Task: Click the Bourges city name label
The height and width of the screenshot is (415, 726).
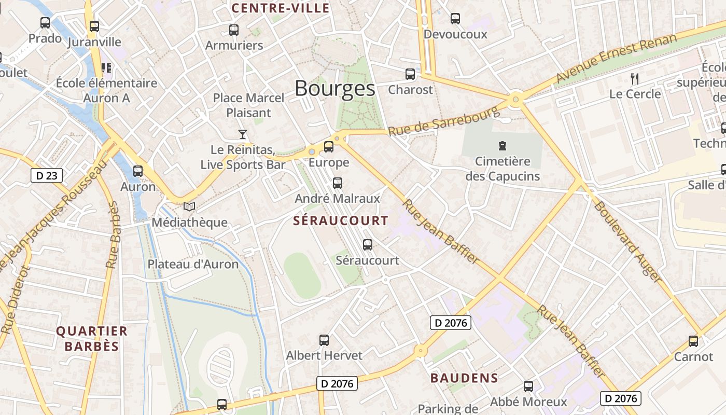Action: coord(334,89)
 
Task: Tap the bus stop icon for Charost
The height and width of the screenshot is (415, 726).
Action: coord(410,74)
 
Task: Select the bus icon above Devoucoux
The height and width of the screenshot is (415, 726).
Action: coord(455,19)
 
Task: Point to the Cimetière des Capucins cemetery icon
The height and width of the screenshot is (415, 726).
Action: coord(502,145)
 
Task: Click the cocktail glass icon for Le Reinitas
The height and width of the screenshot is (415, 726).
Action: coord(242,134)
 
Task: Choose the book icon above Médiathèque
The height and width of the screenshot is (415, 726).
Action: coord(189,207)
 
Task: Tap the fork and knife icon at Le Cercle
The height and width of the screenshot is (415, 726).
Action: coord(634,79)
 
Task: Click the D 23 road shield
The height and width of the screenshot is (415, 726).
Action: coord(47,176)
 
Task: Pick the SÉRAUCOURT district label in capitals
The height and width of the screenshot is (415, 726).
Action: coord(340,220)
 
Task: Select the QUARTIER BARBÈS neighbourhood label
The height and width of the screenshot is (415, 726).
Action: coord(92,339)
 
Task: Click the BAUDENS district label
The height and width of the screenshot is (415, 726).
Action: coord(464,378)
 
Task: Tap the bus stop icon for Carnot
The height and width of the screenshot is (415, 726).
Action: coord(693,341)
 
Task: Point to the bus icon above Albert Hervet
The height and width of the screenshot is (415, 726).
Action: coord(324,340)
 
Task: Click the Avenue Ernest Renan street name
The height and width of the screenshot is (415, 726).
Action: coord(616,58)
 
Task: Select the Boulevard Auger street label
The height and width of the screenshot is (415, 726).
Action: coord(627,242)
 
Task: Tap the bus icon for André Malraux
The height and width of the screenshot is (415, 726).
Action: coord(338,183)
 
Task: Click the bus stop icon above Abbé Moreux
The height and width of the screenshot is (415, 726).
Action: coord(528,386)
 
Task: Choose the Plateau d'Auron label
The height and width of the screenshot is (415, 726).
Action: coord(193,264)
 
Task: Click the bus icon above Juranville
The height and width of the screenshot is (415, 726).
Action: coord(94,26)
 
